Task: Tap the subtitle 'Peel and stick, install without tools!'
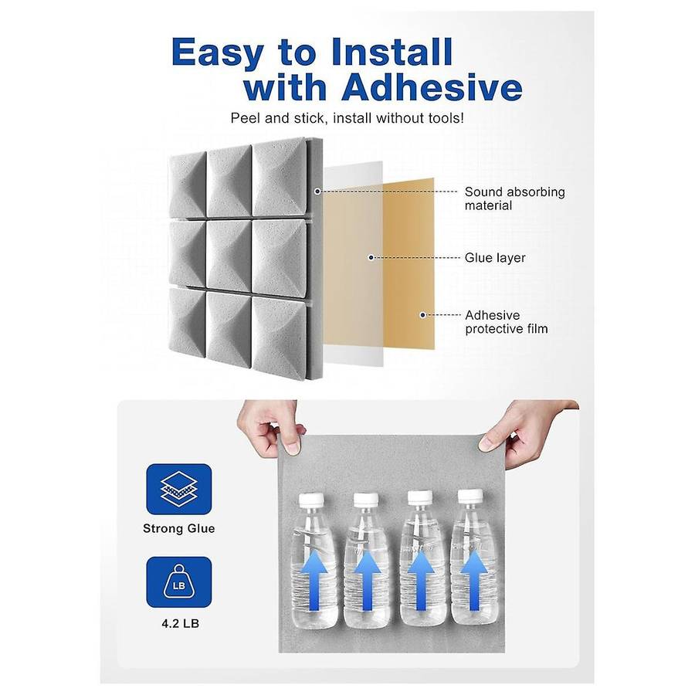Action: pos(347,118)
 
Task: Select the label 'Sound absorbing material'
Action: pos(514,198)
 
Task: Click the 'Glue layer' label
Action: pos(494,258)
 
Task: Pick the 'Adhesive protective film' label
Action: pos(506,322)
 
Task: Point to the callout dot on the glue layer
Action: pos(371,257)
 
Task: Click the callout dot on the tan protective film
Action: pos(422,314)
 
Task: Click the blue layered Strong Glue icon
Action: pos(179,489)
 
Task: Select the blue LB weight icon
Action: pos(179,581)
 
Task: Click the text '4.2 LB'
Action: pos(179,622)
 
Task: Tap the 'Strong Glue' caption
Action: pos(179,529)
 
